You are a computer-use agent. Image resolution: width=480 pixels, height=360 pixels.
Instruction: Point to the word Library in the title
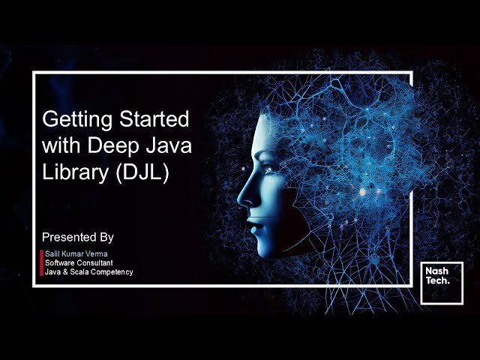point(71,171)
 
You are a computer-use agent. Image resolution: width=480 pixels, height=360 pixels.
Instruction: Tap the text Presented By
point(78,237)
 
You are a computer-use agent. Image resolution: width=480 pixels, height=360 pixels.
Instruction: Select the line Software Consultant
point(79,263)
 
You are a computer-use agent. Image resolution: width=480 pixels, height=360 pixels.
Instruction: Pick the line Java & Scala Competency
point(88,271)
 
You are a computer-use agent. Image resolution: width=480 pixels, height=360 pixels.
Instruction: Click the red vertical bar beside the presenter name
point(41,262)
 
